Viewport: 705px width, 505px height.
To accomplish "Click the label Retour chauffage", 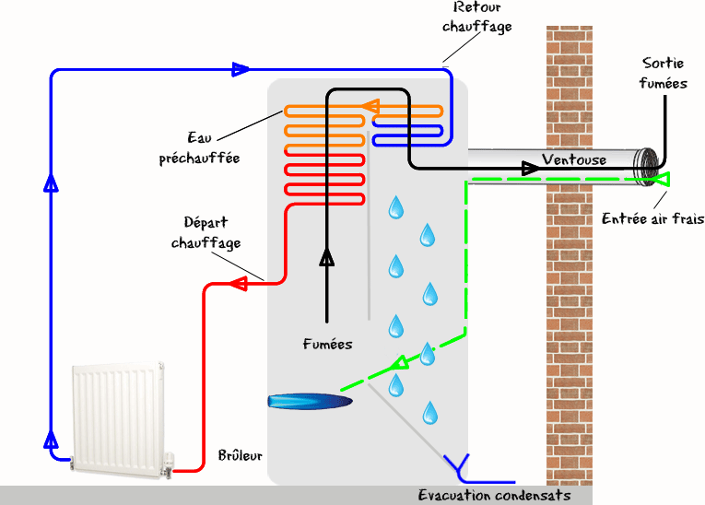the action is pyautogui.click(x=477, y=18).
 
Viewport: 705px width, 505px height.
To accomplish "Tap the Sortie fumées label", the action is pyautogui.click(x=664, y=74).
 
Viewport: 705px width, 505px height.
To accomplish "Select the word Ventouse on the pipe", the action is pyautogui.click(x=574, y=159).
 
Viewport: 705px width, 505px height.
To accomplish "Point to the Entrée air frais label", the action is pyautogui.click(x=652, y=218).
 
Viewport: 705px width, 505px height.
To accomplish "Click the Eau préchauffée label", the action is pyautogui.click(x=199, y=148).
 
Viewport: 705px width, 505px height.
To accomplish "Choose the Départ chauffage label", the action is pyautogui.click(x=206, y=233).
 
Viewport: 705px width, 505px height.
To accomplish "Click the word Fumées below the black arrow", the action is pyautogui.click(x=327, y=344).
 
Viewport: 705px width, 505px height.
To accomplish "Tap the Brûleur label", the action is pyautogui.click(x=241, y=455).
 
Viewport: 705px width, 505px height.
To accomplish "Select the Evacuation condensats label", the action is pyautogui.click(x=495, y=495).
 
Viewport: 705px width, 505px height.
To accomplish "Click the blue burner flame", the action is pyautogui.click(x=310, y=401).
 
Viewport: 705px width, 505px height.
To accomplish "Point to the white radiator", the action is pyautogui.click(x=119, y=419).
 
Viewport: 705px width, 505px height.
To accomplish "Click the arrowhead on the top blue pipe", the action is pyautogui.click(x=241, y=70).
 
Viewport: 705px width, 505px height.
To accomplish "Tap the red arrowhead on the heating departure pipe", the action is pyautogui.click(x=239, y=284).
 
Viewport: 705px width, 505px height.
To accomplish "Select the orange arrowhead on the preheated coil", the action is pyautogui.click(x=370, y=107).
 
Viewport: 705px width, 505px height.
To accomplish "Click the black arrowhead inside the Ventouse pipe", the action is pyautogui.click(x=531, y=169).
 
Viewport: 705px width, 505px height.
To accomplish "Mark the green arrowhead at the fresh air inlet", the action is pyautogui.click(x=662, y=180).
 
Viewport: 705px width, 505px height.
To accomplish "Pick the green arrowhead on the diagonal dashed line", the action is pyautogui.click(x=399, y=362).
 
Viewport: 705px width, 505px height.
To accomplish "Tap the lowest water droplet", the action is pyautogui.click(x=430, y=413).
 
